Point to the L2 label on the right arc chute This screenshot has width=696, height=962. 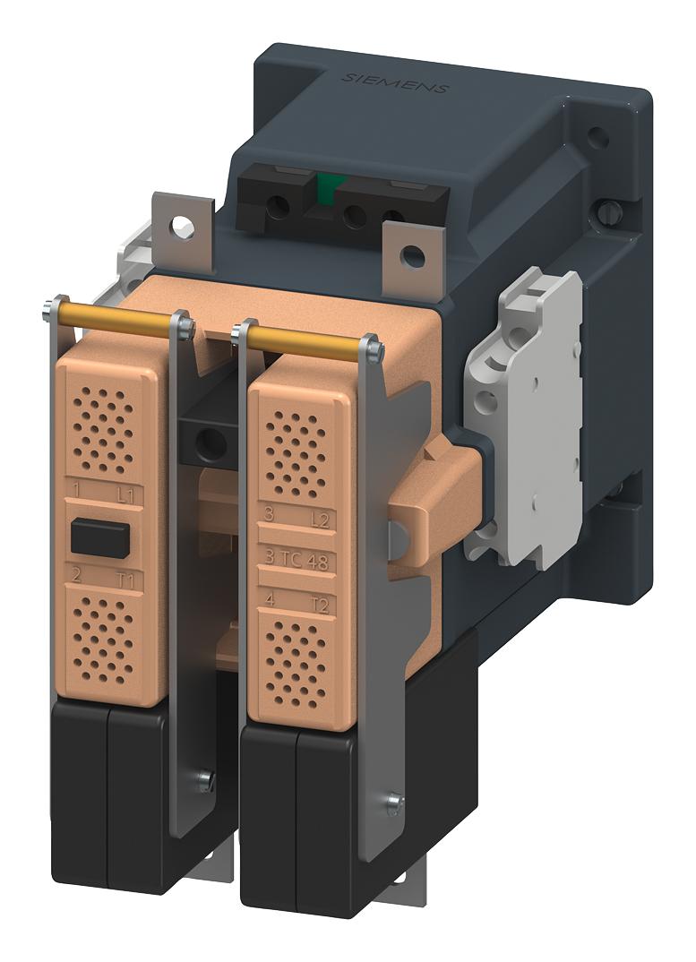pos(319,519)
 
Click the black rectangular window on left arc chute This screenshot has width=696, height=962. pos(100,536)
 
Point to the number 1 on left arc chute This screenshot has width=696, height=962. pos(78,488)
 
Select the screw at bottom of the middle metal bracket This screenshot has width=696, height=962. pos(207,780)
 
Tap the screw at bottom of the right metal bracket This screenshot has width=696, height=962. pos(393,803)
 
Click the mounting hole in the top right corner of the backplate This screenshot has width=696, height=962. pos(596,136)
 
